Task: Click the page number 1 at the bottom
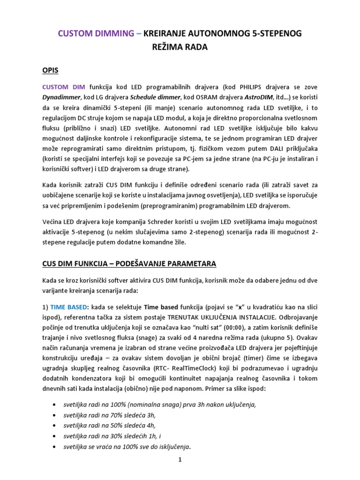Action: (x=180, y=460)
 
